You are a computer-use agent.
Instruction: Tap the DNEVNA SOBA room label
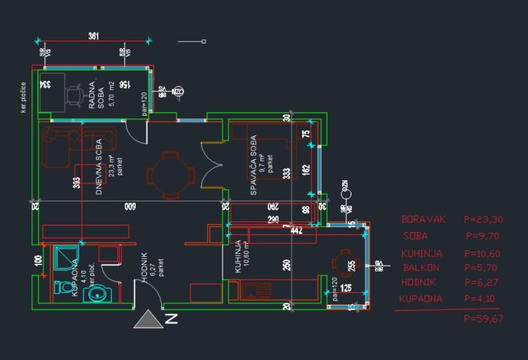(98, 167)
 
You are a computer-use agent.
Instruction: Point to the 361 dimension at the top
(94, 36)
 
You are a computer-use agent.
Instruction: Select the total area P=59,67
(483, 319)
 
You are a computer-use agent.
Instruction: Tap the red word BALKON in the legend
(421, 268)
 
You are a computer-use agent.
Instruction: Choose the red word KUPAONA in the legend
(420, 298)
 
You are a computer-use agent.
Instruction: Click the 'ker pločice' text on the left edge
(23, 98)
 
